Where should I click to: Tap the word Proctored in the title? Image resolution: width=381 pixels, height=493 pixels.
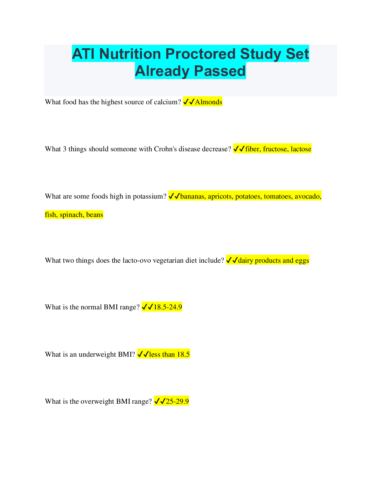pyautogui.click(x=201, y=54)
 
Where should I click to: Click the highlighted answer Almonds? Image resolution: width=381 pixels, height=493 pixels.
pyautogui.click(x=209, y=102)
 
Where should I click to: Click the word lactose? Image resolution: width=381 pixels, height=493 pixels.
pyautogui.click(x=301, y=149)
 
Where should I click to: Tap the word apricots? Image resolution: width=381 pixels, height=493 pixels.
pyautogui.click(x=220, y=196)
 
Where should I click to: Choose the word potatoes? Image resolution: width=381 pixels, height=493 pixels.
pyautogui.click(x=248, y=196)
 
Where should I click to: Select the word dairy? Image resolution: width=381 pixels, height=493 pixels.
pyautogui.click(x=246, y=261)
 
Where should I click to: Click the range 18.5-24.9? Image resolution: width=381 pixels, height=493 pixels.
pyautogui.click(x=167, y=307)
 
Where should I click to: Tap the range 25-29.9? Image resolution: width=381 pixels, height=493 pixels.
pyautogui.click(x=177, y=401)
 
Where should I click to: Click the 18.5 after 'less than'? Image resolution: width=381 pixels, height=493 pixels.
pyautogui.click(x=183, y=354)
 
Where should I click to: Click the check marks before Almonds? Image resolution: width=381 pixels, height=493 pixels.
pyautogui.click(x=189, y=102)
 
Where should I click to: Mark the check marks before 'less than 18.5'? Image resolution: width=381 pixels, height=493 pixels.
pyautogui.click(x=143, y=354)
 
